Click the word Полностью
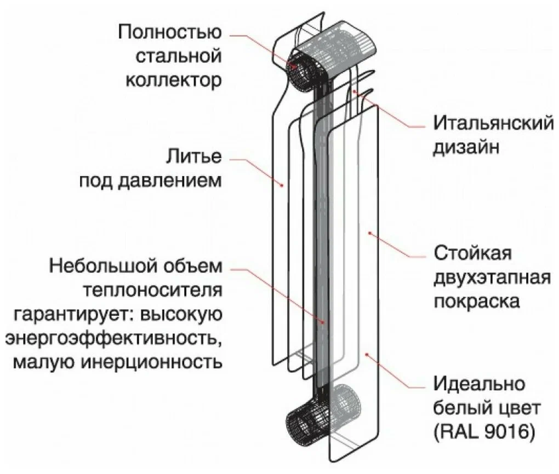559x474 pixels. tap(170, 31)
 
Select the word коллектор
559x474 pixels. tap(174, 80)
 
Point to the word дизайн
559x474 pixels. tap(466, 147)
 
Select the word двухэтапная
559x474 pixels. tap(492, 278)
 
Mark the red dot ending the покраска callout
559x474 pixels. tap(370, 233)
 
